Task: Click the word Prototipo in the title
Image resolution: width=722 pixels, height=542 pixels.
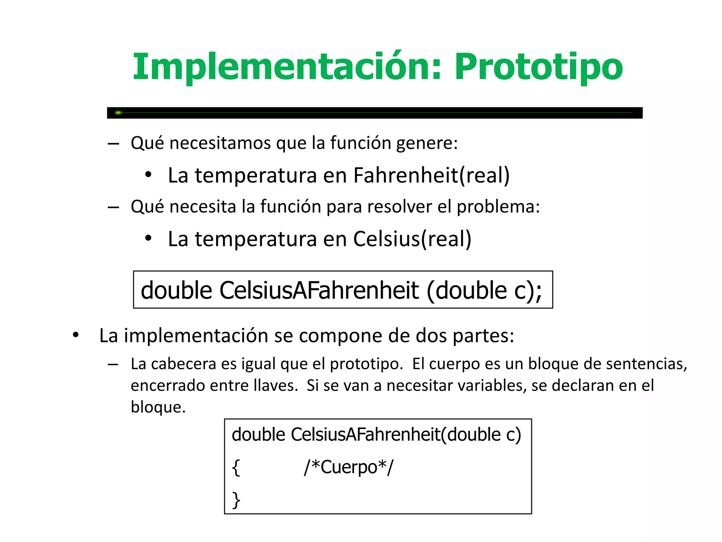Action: tap(538, 67)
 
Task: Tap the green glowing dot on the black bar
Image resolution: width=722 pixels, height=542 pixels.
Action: tap(118, 113)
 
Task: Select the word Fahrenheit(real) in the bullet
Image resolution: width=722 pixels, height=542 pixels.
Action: tap(431, 175)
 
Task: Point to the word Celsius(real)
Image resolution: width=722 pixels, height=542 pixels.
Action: tap(412, 239)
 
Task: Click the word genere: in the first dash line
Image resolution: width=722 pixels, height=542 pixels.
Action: tap(427, 143)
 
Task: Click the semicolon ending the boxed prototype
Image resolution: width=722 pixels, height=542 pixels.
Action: tap(538, 291)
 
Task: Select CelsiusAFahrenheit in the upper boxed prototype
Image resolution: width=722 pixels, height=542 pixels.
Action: tap(319, 290)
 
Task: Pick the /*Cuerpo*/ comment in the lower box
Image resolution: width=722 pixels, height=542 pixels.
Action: tap(348, 467)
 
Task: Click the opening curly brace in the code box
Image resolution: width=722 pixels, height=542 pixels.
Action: tap(236, 468)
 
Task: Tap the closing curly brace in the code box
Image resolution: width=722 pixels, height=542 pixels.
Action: tap(236, 500)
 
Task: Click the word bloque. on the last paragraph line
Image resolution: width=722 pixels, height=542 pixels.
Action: tap(158, 407)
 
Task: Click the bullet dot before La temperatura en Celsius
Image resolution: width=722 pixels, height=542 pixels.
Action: tap(148, 238)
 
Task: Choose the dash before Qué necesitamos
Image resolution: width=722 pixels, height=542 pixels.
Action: tap(113, 144)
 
